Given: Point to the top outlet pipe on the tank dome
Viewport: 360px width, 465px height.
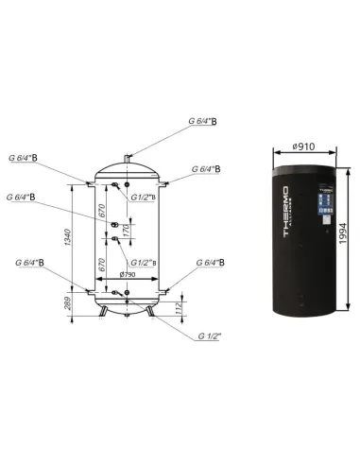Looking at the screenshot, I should point(130,152).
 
